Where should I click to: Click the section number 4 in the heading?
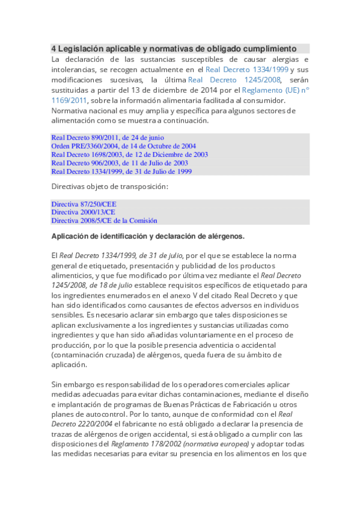[53, 48]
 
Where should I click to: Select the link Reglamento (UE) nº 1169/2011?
[276, 90]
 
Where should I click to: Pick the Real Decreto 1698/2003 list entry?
[129, 155]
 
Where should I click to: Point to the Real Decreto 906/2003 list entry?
[120, 163]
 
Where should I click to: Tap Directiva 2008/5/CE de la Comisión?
[104, 221]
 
